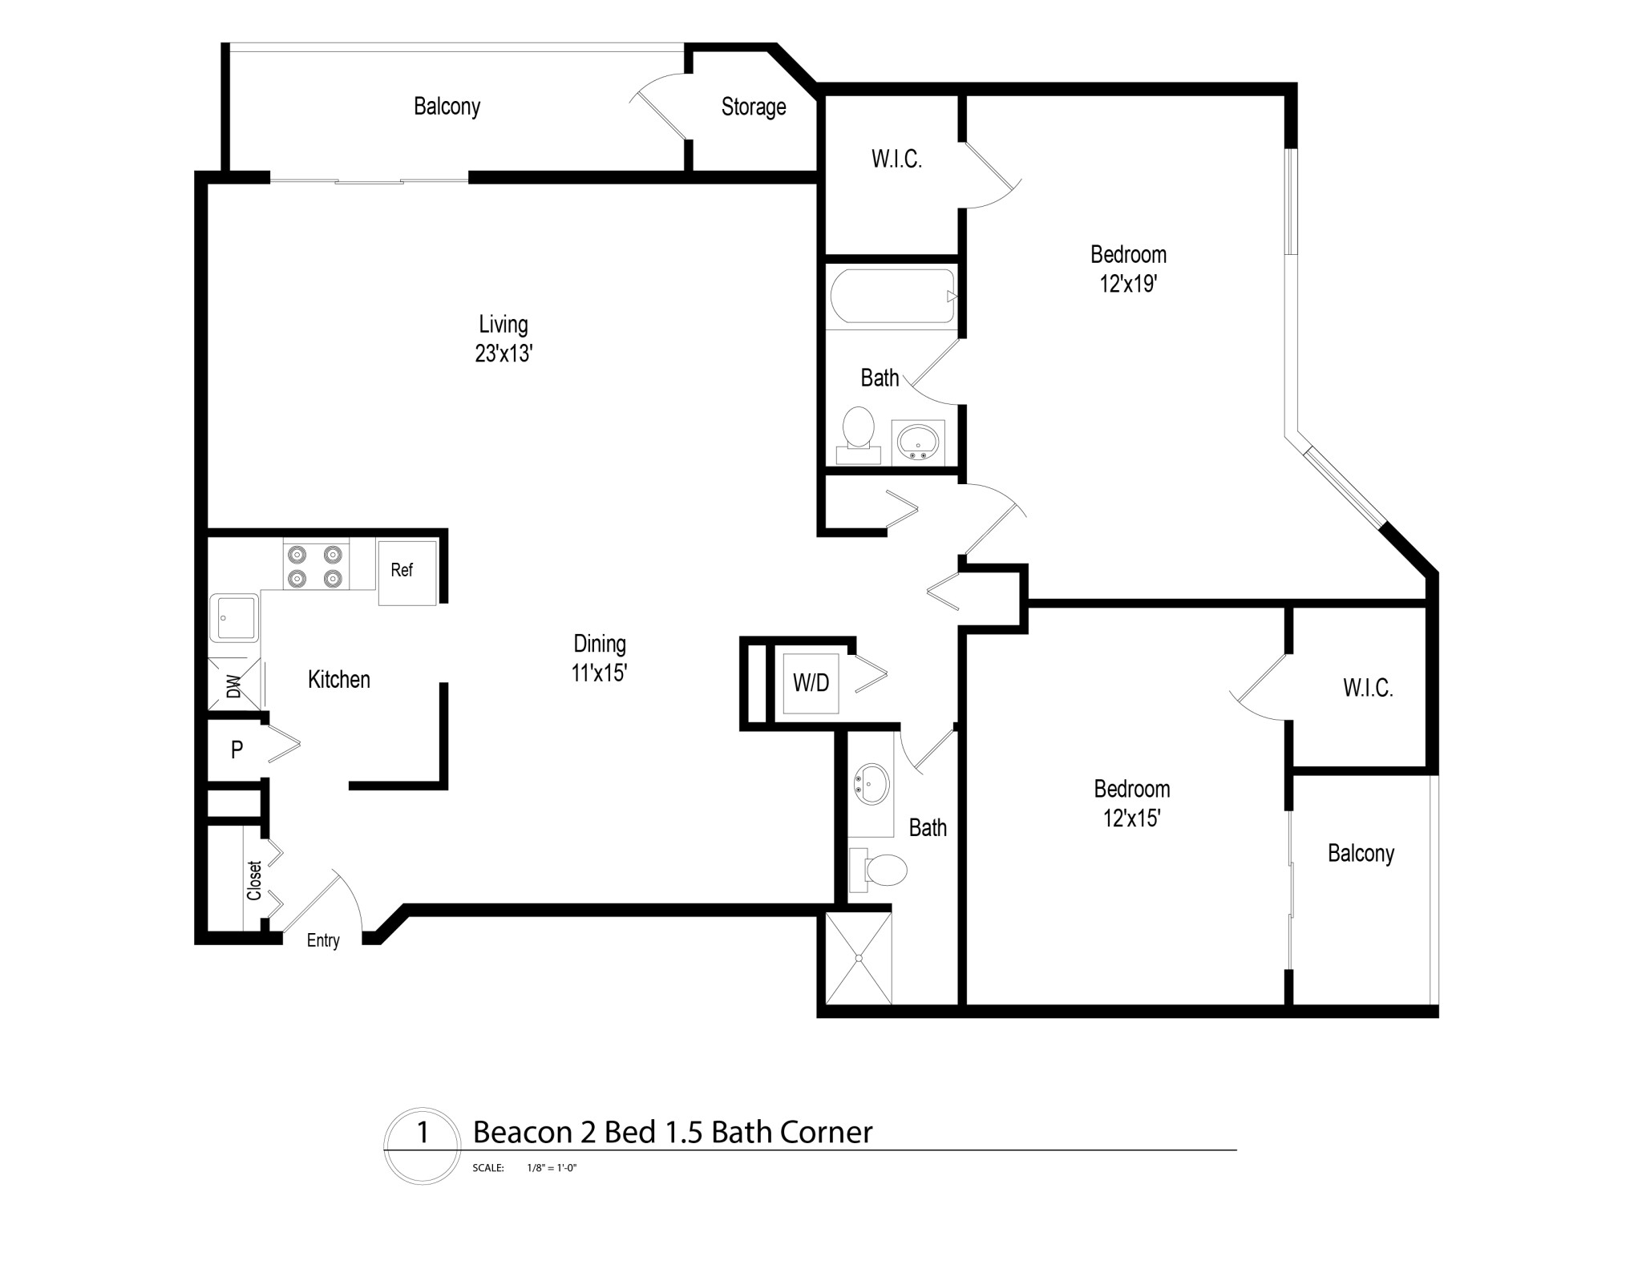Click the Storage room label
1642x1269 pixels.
pos(753,107)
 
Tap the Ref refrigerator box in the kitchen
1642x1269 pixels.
pos(407,572)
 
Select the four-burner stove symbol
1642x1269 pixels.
pos(315,566)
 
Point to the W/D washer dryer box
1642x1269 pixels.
pos(811,683)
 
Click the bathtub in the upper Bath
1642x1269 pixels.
pos(892,297)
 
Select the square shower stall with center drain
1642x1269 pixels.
pos(859,958)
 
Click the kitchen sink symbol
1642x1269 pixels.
pos(233,618)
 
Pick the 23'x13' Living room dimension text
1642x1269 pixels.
pos(504,354)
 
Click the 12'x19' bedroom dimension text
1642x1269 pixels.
pos(1128,284)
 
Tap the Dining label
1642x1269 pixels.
pos(599,644)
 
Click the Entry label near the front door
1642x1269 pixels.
pos(323,940)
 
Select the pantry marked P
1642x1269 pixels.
pos(237,750)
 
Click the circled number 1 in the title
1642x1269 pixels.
pos(423,1133)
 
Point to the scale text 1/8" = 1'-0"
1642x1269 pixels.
pos(552,1168)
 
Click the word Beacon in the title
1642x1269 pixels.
pos(521,1132)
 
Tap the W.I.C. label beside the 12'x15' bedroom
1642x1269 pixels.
pos(1368,688)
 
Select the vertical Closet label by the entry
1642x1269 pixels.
pos(254,881)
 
